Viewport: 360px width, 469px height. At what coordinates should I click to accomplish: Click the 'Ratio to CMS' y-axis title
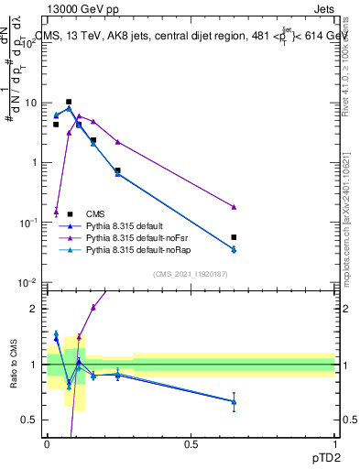click(13, 365)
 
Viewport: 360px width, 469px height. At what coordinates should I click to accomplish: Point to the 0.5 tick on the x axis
click(191, 444)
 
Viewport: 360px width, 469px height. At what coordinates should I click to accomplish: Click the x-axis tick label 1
click(335, 444)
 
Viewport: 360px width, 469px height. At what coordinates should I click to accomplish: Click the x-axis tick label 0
click(48, 444)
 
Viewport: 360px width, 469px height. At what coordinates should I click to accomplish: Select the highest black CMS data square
click(69, 102)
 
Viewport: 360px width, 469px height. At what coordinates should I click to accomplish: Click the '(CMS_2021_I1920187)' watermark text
click(191, 274)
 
